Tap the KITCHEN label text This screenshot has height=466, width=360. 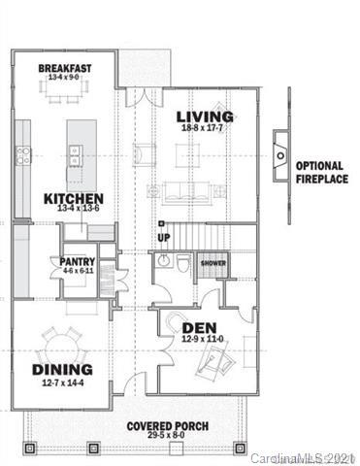pyautogui.click(x=73, y=198)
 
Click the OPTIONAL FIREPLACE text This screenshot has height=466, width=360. pyautogui.click(x=321, y=172)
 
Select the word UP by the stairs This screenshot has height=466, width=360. pyautogui.click(x=163, y=238)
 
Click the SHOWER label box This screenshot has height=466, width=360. pyautogui.click(x=213, y=263)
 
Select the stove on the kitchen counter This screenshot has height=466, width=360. pyautogui.click(x=23, y=153)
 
